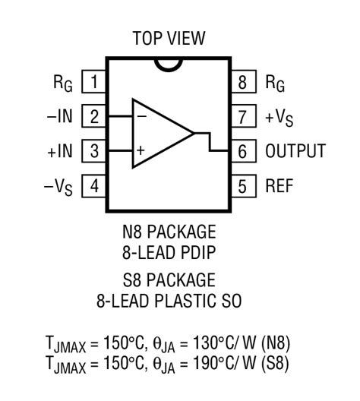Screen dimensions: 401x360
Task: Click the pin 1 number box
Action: click(93, 81)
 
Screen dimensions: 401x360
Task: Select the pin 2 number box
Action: click(93, 116)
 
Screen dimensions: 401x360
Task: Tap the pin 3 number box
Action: click(93, 150)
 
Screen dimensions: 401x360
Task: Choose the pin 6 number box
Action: click(242, 150)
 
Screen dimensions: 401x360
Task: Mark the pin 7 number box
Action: click(242, 116)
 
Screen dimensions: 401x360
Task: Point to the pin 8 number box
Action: click(242, 81)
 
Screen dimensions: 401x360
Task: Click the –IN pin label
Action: click(60, 116)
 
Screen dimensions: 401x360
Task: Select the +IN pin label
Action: click(59, 150)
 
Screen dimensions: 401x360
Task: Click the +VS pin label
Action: click(279, 116)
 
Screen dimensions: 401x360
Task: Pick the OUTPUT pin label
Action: click(295, 150)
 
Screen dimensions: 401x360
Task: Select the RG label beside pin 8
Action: click(275, 82)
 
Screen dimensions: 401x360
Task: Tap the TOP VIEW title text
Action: click(169, 38)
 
